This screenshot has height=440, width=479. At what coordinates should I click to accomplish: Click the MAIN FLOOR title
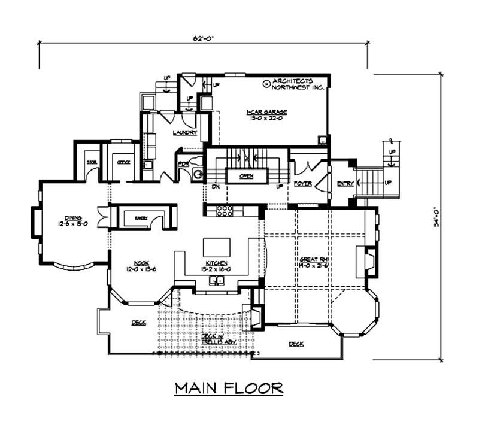click(229, 389)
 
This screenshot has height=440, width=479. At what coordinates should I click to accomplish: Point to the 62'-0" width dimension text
click(203, 38)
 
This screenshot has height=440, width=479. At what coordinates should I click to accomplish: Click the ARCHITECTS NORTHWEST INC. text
click(298, 84)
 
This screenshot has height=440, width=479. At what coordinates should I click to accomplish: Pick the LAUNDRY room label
click(184, 132)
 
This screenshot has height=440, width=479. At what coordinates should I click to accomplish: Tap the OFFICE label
click(124, 162)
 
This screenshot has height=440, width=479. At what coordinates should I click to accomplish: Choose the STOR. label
click(92, 162)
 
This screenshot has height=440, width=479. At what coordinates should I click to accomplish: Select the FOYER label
click(302, 184)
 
